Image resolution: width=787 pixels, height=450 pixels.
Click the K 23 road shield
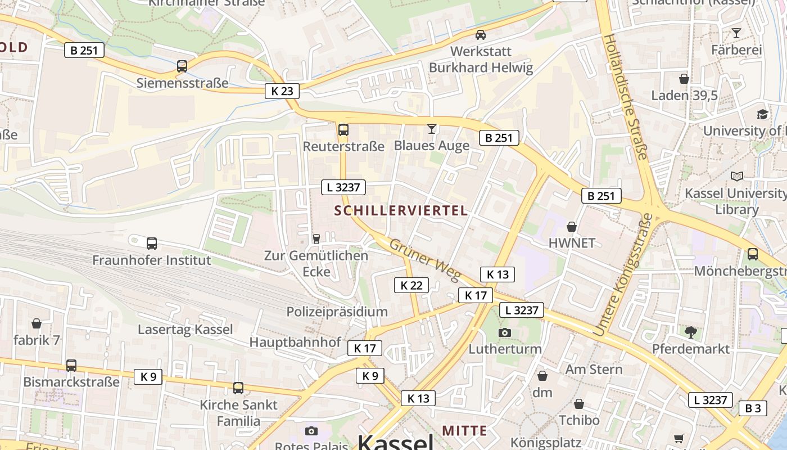(x=282, y=91)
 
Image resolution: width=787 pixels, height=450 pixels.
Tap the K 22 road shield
(x=411, y=285)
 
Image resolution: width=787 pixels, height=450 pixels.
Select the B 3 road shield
(x=753, y=408)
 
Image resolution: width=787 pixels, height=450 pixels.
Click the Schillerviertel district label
(x=401, y=211)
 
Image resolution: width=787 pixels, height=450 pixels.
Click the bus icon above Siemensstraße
(x=182, y=66)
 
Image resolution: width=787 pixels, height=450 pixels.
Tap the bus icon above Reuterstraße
(x=343, y=130)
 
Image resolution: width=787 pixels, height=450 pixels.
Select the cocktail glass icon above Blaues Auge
(x=431, y=129)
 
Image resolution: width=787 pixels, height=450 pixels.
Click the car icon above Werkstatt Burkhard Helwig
(x=481, y=35)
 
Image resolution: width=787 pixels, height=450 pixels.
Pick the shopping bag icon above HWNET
(x=572, y=227)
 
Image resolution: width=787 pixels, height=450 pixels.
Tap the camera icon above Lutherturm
(x=505, y=332)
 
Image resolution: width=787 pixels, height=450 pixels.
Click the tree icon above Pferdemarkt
(x=691, y=332)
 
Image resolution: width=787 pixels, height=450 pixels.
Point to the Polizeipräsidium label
(x=337, y=312)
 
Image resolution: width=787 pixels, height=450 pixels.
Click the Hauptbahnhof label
(x=295, y=342)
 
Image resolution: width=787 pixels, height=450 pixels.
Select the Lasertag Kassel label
(x=186, y=330)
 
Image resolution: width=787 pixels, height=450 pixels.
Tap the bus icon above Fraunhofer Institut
(x=152, y=244)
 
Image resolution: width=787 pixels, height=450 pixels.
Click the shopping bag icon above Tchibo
(x=579, y=404)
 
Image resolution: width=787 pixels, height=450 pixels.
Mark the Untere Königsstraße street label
(x=622, y=276)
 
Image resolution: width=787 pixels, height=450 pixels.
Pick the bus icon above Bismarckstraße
(x=71, y=365)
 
